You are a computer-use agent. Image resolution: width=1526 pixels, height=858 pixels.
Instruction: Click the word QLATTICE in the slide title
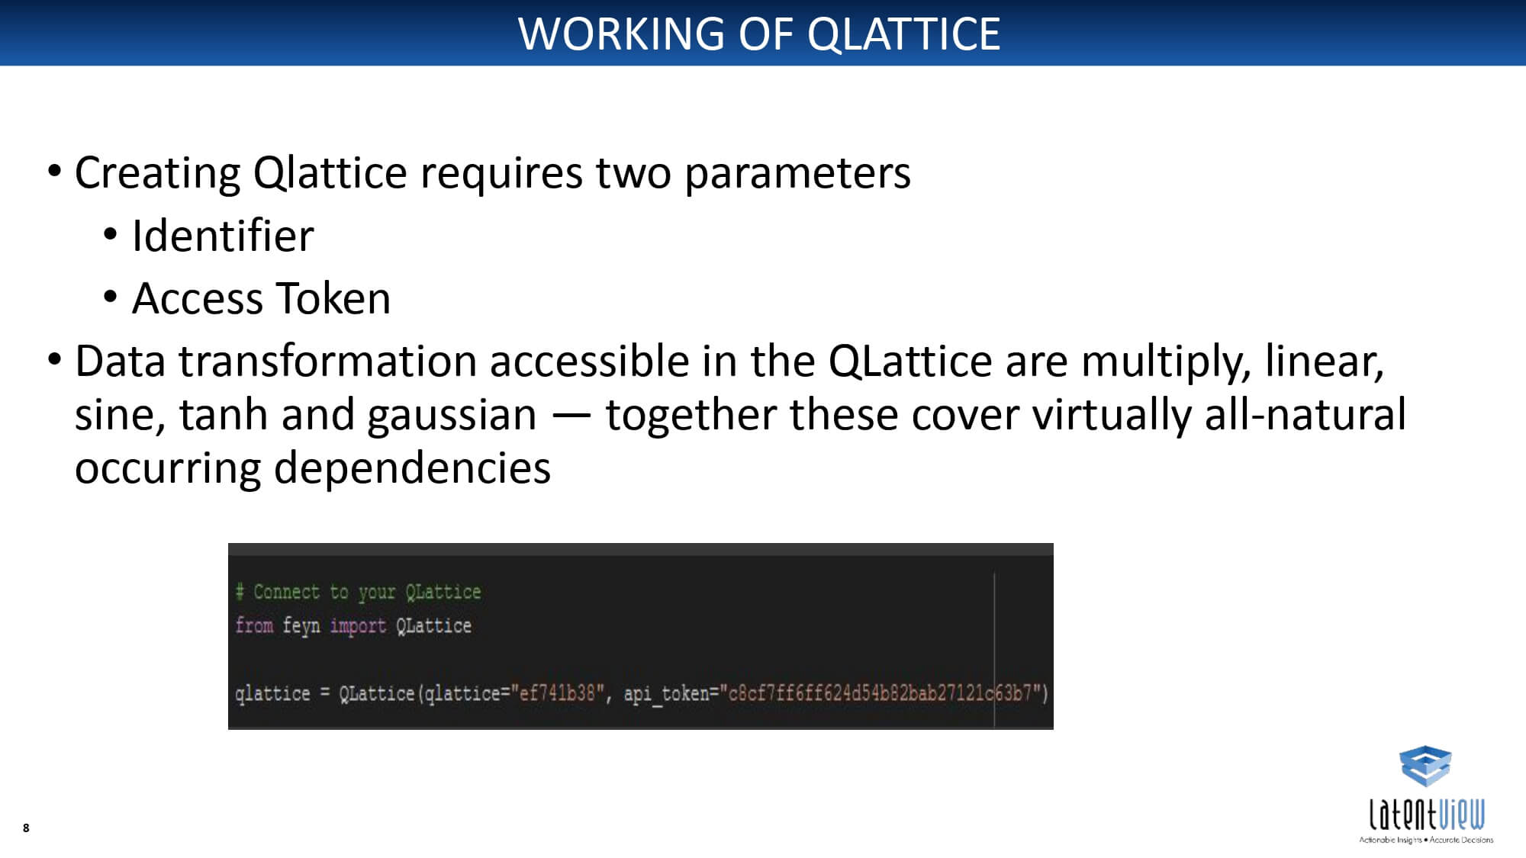click(903, 34)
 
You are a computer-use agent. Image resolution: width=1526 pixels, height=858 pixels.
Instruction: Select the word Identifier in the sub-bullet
click(223, 235)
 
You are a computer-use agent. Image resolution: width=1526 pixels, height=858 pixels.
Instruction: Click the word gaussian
click(452, 416)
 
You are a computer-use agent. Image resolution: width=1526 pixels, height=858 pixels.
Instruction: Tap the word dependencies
click(412, 468)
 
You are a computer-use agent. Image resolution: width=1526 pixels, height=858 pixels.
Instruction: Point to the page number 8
click(26, 827)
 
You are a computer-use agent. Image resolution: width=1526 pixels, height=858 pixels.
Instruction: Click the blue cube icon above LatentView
click(1425, 766)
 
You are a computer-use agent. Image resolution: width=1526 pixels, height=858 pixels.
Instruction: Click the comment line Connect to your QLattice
click(358, 592)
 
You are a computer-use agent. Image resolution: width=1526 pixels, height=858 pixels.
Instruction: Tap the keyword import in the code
click(358, 626)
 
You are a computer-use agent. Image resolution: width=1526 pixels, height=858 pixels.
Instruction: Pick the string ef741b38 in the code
click(557, 693)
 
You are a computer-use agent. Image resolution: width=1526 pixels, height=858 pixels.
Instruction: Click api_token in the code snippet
click(666, 693)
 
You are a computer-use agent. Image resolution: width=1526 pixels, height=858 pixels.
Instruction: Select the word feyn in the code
click(301, 626)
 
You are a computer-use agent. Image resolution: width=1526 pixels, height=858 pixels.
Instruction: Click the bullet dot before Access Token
click(111, 297)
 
